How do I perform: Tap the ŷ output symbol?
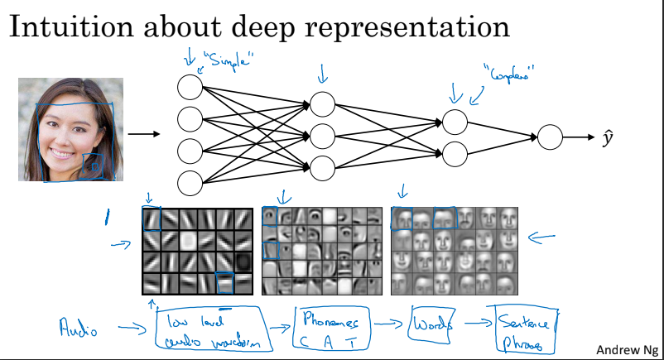tap(608, 137)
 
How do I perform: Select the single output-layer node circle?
tap(550, 137)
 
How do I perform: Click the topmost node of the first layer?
tap(190, 85)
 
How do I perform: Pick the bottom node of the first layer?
tap(190, 182)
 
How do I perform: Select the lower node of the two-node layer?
tap(455, 153)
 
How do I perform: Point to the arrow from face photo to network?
tap(145, 133)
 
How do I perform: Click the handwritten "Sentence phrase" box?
tap(523, 329)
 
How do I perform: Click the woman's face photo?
tap(70, 129)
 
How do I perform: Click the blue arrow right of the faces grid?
tap(545, 239)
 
